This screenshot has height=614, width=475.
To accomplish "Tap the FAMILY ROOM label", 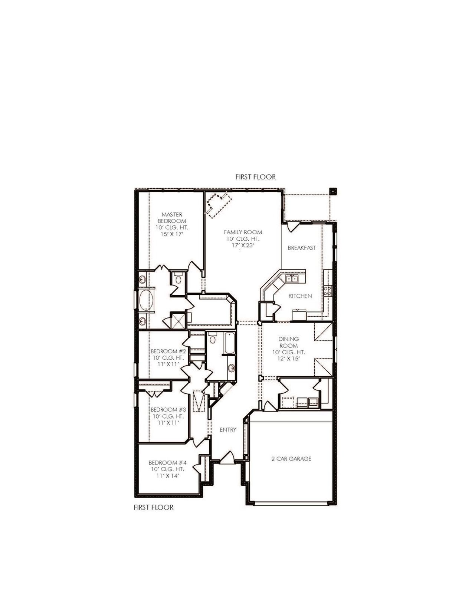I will pyautogui.click(x=243, y=232).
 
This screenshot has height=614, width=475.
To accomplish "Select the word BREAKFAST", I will pyautogui.click(x=302, y=248).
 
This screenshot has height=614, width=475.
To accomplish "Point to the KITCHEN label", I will pyautogui.click(x=300, y=296).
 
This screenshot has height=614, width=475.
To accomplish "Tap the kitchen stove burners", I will pyautogui.click(x=327, y=290).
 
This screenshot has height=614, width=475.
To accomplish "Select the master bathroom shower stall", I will pyautogui.click(x=177, y=321).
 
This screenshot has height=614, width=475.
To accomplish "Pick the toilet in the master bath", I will pyautogui.click(x=178, y=279).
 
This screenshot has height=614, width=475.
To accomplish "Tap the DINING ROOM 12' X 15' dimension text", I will pyautogui.click(x=289, y=359).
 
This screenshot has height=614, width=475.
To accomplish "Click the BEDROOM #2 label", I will pyautogui.click(x=168, y=351).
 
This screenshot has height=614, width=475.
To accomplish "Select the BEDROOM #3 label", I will pyautogui.click(x=168, y=410).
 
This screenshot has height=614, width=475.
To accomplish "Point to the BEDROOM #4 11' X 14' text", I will pyautogui.click(x=167, y=476).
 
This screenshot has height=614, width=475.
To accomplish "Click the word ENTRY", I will pyautogui.click(x=228, y=430).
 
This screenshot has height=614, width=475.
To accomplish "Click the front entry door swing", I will pyautogui.click(x=227, y=457).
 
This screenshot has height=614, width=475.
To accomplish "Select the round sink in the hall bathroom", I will pyautogui.click(x=232, y=368).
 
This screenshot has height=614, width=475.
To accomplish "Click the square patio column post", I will pyautogui.click(x=333, y=191).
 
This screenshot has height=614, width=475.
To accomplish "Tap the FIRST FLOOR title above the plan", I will pyautogui.click(x=255, y=177).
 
